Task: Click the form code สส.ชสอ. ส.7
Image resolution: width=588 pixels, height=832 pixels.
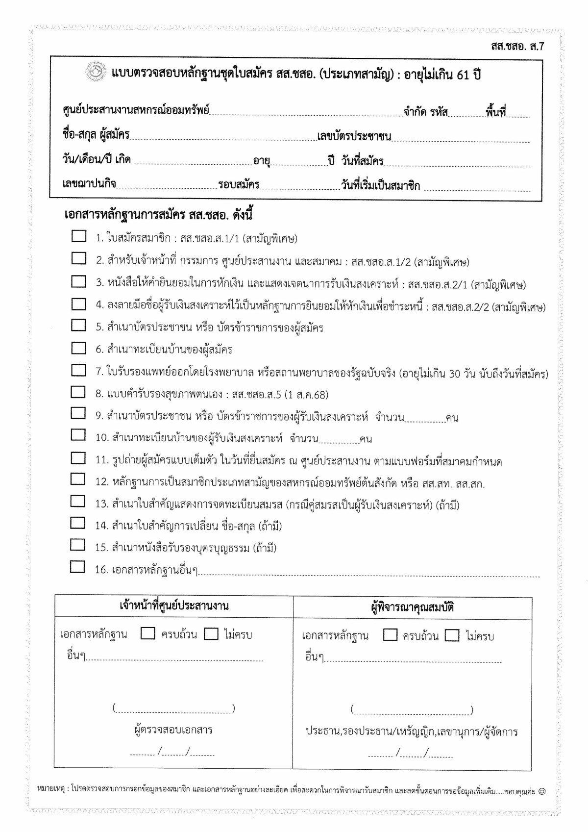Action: tap(517, 47)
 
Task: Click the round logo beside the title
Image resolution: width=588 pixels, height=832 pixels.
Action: tap(96, 72)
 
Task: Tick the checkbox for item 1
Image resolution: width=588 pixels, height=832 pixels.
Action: tap(78, 236)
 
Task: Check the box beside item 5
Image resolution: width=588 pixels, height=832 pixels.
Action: tap(78, 325)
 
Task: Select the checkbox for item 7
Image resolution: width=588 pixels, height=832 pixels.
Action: tap(78, 370)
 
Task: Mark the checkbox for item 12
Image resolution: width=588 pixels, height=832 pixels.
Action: tap(78, 479)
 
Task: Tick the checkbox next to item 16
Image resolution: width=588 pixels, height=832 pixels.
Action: tap(77, 567)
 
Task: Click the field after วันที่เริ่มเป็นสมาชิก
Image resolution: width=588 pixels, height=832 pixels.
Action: tap(477, 186)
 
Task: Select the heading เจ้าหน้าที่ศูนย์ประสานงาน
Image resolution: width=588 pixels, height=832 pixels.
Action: tap(174, 605)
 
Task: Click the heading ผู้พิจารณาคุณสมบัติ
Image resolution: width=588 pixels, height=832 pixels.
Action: tap(412, 607)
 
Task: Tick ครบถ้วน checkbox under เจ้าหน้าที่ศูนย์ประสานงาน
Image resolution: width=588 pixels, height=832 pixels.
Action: tap(147, 633)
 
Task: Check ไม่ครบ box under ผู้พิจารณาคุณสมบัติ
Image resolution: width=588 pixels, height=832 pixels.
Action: tap(452, 635)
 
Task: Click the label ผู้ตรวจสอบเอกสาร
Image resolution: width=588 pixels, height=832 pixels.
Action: tap(173, 730)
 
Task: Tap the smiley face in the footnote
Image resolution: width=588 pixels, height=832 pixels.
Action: tap(541, 791)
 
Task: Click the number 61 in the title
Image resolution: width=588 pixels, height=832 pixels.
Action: tap(463, 75)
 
